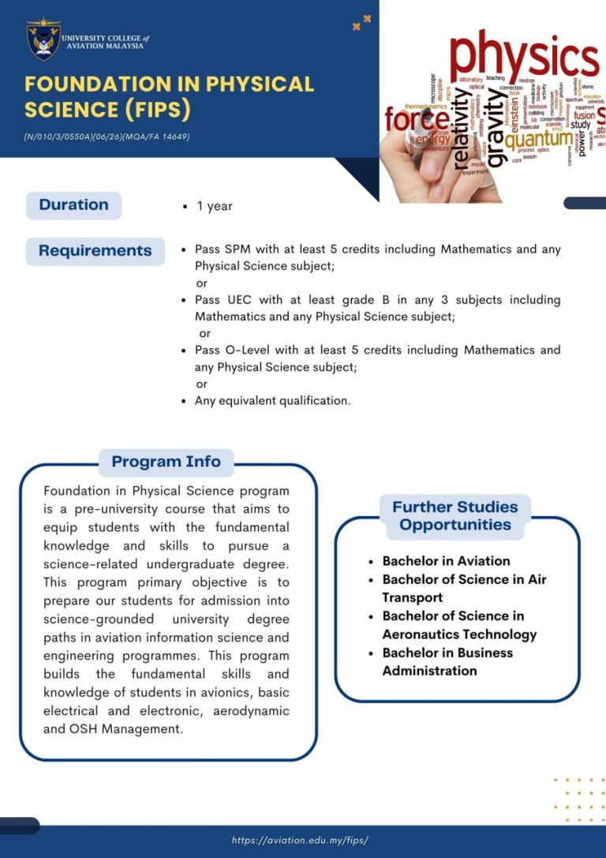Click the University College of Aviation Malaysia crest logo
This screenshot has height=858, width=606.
point(43,40)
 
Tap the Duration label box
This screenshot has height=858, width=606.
point(73,205)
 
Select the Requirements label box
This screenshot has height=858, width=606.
point(95,251)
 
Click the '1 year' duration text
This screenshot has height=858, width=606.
point(214,206)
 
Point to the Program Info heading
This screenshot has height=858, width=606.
point(166,462)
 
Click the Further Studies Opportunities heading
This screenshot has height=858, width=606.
point(455,516)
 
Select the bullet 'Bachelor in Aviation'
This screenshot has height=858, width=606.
point(446,561)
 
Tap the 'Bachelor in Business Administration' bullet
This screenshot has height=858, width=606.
point(447,661)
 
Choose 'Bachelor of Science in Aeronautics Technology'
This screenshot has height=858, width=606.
point(459,625)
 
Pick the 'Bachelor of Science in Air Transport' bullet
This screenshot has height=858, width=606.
point(464,588)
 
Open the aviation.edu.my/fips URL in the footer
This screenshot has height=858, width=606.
point(300,841)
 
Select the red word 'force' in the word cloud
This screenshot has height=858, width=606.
point(417,120)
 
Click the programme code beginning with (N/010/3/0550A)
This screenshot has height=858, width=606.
point(107,137)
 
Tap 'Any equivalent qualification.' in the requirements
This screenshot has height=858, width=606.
point(272,401)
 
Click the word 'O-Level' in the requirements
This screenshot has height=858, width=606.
point(245,350)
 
